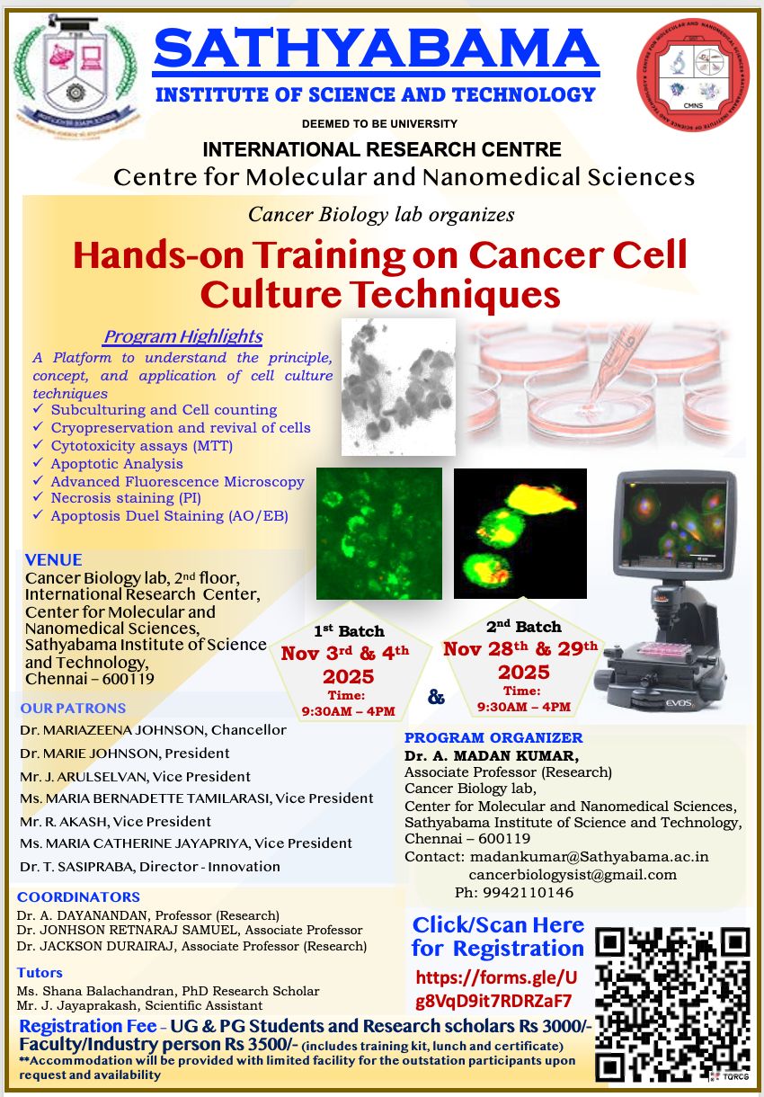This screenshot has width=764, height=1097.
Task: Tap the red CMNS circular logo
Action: click(x=692, y=76)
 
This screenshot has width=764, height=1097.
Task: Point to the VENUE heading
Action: click(x=54, y=559)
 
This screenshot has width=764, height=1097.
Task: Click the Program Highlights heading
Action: click(x=182, y=336)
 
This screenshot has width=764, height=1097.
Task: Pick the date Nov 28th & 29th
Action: click(x=520, y=649)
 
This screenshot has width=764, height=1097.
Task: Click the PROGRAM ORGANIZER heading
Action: click(x=493, y=737)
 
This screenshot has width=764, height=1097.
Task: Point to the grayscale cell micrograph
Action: click(x=398, y=386)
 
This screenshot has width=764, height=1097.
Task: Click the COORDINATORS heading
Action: click(x=78, y=896)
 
